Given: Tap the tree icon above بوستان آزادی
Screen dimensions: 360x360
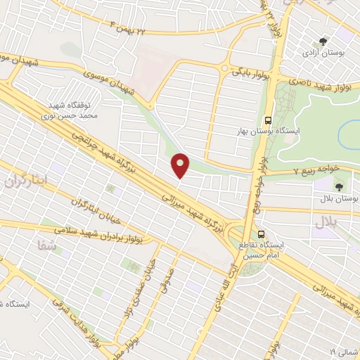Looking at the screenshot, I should coord(323,41).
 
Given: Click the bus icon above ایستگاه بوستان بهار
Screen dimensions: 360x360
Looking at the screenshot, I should coord(268,120).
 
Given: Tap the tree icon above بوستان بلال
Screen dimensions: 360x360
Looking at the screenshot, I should coord(340,187).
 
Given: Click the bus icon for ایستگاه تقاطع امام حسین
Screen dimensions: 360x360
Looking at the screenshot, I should coord(261,233).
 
